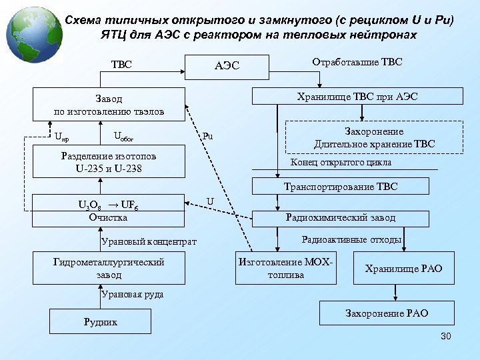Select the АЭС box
[x=227, y=65]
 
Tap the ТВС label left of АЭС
[x=121, y=65]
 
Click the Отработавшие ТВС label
[x=357, y=62]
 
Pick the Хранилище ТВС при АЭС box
[x=357, y=96]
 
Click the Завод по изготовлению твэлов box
[x=109, y=105]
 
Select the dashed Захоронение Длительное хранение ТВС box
[x=374, y=138]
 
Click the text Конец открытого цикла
[x=341, y=163]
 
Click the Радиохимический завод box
[x=340, y=217]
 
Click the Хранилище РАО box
[x=403, y=268]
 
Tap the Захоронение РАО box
[x=387, y=313]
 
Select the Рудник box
[x=100, y=322]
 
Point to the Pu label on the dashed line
[x=208, y=137]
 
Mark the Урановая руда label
[x=133, y=293]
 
